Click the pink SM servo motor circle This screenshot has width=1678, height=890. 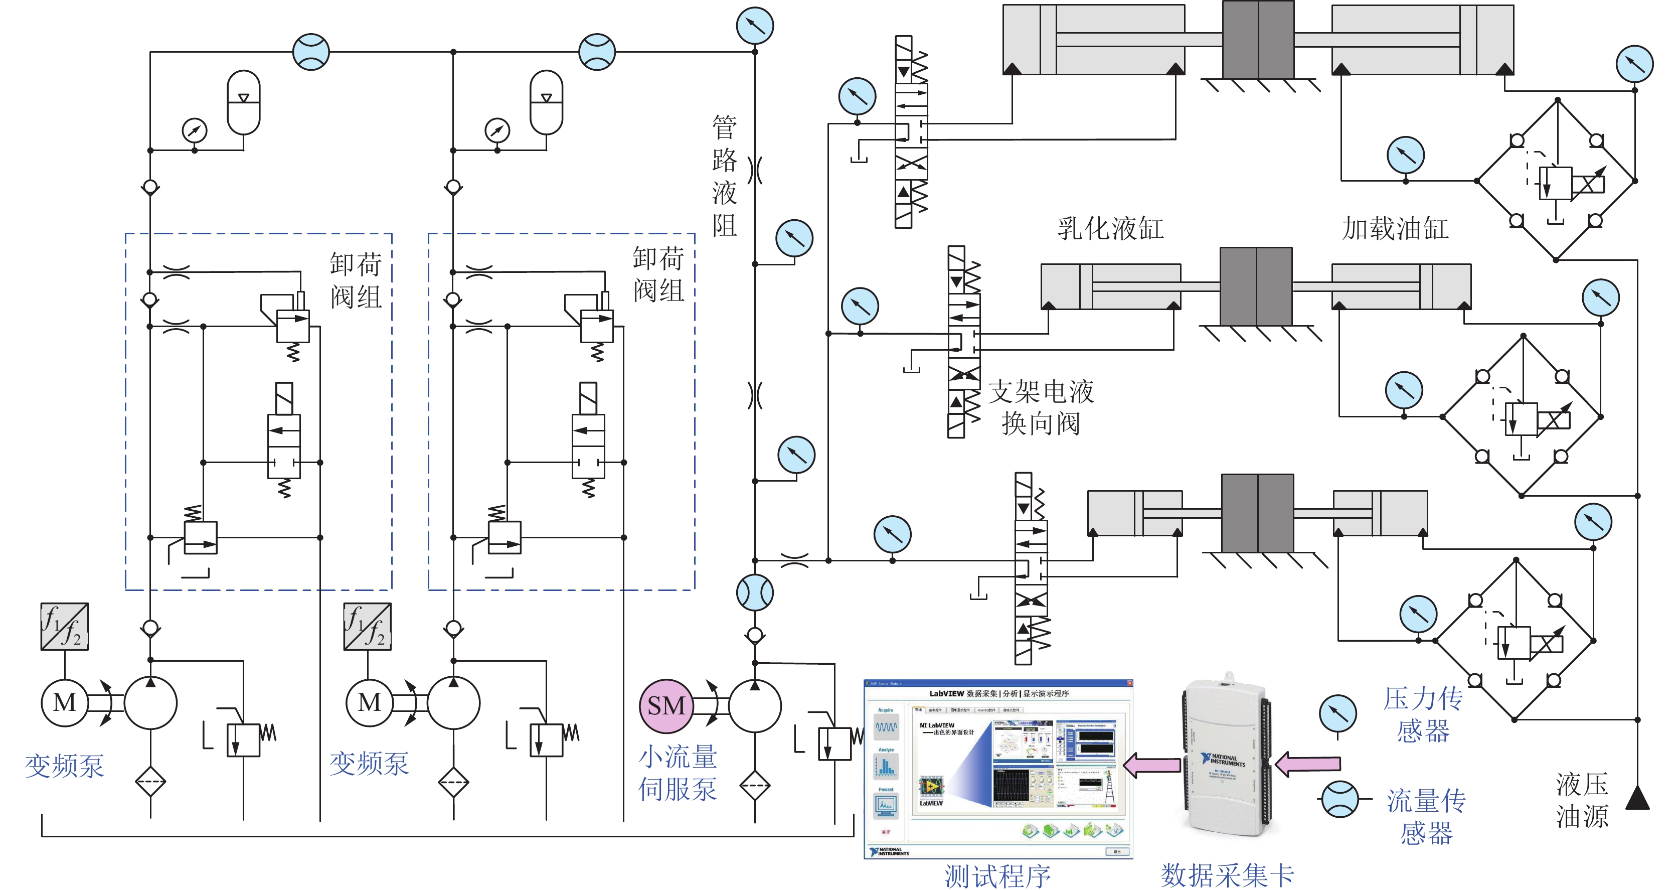click(665, 705)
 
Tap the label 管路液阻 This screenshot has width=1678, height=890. click(724, 176)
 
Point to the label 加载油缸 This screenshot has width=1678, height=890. click(1395, 229)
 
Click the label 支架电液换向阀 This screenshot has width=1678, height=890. click(1041, 407)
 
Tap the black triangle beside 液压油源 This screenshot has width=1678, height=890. click(1637, 798)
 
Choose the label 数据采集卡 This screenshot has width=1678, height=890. click(1227, 875)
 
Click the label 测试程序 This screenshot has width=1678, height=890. click(997, 875)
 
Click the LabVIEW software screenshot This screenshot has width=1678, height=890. click(998, 769)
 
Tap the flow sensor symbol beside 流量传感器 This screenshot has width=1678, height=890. click(1339, 799)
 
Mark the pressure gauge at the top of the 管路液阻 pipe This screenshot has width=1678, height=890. click(754, 26)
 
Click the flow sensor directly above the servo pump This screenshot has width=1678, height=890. click(754, 592)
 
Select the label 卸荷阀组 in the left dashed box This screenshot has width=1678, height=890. click(355, 280)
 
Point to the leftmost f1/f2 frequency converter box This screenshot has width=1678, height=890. click(65, 626)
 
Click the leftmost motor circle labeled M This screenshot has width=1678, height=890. click(65, 702)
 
